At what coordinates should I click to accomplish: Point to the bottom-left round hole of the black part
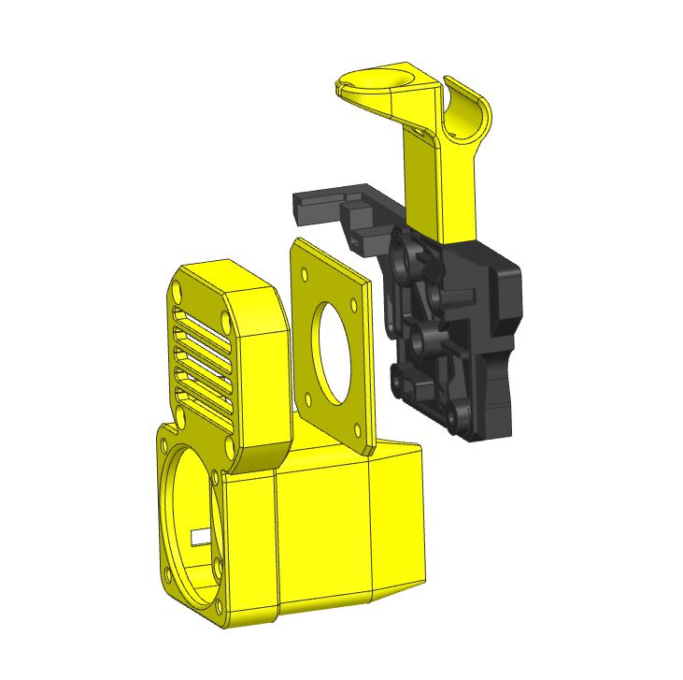[x=398, y=379]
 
